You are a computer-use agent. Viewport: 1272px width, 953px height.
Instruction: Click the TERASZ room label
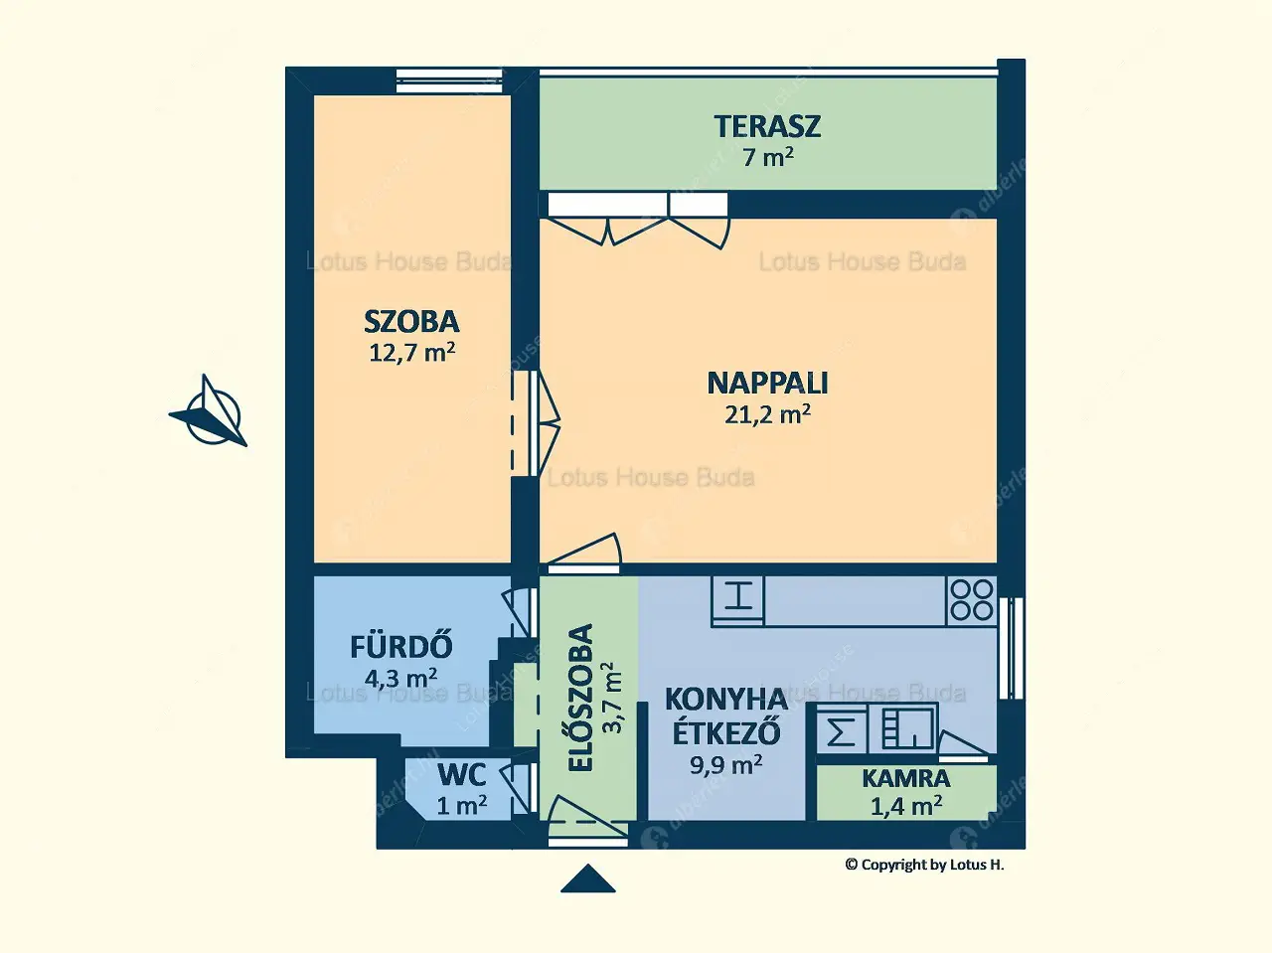(x=767, y=126)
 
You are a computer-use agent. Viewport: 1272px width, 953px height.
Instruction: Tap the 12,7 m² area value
(x=412, y=352)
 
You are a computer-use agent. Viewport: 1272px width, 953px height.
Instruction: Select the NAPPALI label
(x=767, y=383)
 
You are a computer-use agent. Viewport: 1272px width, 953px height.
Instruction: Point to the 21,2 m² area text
(x=767, y=413)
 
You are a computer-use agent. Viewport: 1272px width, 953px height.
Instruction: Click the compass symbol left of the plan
(x=211, y=412)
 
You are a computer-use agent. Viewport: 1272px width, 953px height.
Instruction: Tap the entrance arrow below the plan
(x=587, y=879)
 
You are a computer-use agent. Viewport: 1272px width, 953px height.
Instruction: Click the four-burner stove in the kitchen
(x=971, y=600)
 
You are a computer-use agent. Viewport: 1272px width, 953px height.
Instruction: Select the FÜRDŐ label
(x=401, y=647)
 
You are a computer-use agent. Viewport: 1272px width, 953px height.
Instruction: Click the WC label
(x=461, y=774)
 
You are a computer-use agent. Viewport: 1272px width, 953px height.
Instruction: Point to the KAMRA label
(x=905, y=778)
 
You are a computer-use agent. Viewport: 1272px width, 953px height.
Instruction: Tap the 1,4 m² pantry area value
(x=905, y=806)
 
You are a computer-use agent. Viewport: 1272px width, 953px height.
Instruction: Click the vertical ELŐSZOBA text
(x=580, y=698)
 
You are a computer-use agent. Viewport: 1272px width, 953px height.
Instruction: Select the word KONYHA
(x=725, y=700)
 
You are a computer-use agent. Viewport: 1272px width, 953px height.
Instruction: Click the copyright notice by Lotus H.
(x=924, y=865)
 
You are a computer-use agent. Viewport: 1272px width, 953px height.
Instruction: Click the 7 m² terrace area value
(x=767, y=156)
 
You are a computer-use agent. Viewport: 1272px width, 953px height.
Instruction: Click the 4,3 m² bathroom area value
(x=401, y=679)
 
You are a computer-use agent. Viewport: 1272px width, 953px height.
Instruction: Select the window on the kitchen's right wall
(x=1012, y=648)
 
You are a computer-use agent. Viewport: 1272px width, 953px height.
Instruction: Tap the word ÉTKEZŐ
(x=725, y=732)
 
